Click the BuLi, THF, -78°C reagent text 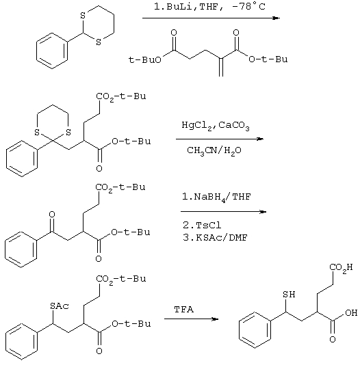209,7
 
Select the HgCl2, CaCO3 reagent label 216,126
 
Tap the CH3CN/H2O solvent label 214,151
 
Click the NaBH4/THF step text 216,198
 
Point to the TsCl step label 202,225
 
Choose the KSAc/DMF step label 215,238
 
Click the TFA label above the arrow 184,310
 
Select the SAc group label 60,306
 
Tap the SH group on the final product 289,295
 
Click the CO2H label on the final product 341,267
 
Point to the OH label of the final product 351,312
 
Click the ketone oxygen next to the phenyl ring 52,215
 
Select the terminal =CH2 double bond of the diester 221,67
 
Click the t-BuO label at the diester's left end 144,60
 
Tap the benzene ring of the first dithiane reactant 52,51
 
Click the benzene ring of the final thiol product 255,330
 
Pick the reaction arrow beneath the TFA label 192,319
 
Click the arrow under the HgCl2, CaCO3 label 220,139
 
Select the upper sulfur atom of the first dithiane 83,16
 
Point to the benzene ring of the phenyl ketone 21,249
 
